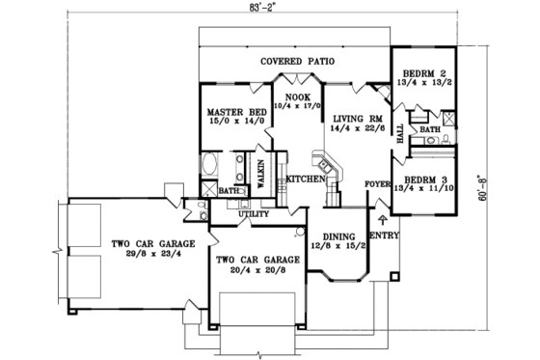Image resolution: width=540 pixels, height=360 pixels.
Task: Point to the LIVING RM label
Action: pyautogui.click(x=353, y=120)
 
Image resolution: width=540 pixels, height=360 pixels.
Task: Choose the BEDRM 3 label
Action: pyautogui.click(x=425, y=180)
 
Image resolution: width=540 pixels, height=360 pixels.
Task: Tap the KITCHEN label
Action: pyautogui.click(x=302, y=180)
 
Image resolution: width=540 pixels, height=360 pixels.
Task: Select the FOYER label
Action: pyautogui.click(x=376, y=183)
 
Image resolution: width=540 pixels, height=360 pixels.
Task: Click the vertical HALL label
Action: pyautogui.click(x=400, y=133)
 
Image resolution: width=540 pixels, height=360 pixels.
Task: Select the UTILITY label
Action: pyautogui.click(x=259, y=213)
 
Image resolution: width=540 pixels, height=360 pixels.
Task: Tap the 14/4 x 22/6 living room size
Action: pyautogui.click(x=353, y=130)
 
